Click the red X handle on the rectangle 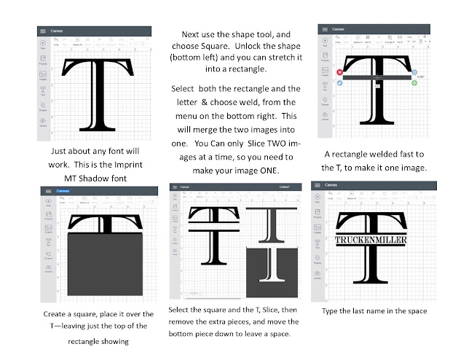coord(340,73)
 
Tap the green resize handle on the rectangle coord(414,83)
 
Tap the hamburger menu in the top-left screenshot coord(43,32)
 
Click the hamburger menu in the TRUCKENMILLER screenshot coord(319,192)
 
